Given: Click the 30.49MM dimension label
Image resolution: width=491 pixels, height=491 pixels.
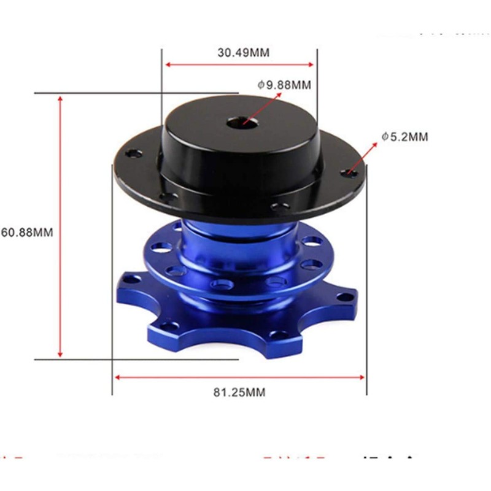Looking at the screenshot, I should click(243, 52).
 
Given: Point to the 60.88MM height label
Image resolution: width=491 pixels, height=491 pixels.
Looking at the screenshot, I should click(27, 233).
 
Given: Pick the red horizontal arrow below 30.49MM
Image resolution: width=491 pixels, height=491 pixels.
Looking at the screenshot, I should click(239, 63).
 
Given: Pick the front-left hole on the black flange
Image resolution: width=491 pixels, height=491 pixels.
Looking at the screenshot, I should click(166, 198).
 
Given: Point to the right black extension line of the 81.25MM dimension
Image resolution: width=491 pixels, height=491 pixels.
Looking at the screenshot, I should click(366, 276).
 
